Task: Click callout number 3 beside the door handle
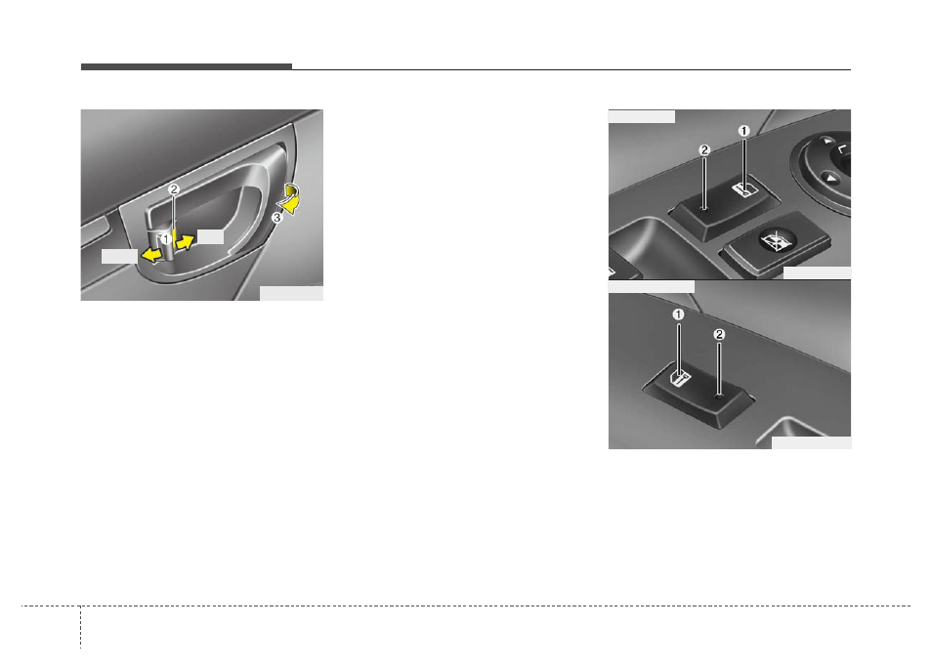click(x=276, y=218)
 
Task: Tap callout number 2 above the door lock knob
click(x=174, y=189)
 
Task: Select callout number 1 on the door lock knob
click(x=166, y=239)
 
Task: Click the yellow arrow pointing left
click(x=151, y=255)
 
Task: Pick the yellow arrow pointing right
click(x=186, y=241)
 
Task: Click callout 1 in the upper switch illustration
click(x=744, y=131)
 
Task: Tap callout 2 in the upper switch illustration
click(x=704, y=150)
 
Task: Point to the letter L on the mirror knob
click(x=842, y=148)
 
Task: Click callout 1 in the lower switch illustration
click(x=678, y=314)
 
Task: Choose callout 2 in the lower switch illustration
click(x=719, y=334)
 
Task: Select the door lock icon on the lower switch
click(x=679, y=378)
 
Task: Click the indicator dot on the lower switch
click(x=719, y=396)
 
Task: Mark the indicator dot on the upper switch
click(x=704, y=208)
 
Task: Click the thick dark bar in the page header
click(x=186, y=66)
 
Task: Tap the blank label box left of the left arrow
click(x=119, y=256)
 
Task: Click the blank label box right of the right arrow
click(x=210, y=236)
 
